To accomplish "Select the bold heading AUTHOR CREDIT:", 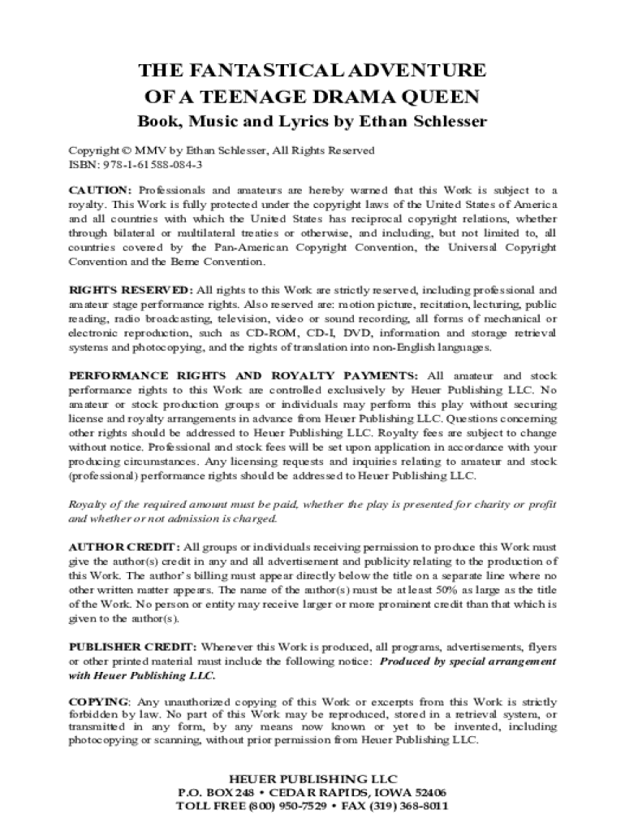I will [125, 546].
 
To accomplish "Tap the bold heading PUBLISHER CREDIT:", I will [132, 647].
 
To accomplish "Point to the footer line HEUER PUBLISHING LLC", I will [312, 778].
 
